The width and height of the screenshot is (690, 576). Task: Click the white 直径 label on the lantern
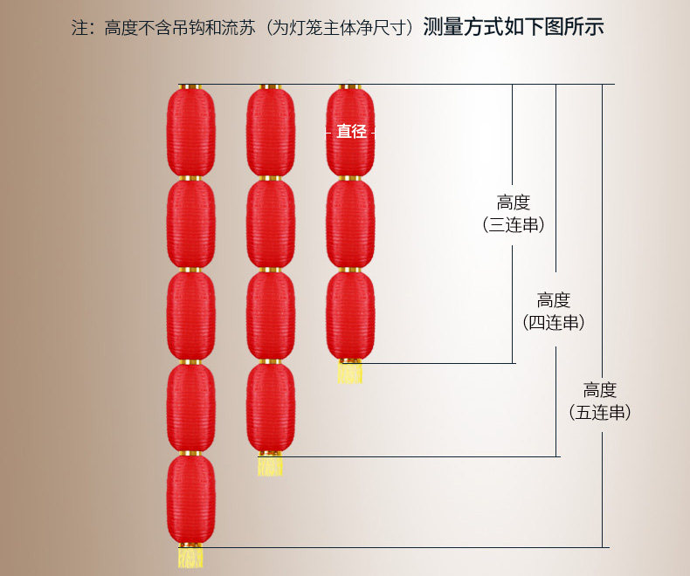point(351,132)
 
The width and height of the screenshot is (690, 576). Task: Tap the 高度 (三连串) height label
point(514,214)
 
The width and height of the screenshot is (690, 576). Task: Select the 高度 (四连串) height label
point(554,312)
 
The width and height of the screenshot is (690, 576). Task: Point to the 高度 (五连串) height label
point(600,401)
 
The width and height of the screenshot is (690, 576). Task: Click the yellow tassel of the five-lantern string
point(190,556)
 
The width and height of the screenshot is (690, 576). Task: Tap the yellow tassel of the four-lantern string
point(270,464)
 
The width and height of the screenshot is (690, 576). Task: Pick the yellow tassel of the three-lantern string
point(350,373)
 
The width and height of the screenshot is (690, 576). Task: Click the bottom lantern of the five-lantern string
point(190,499)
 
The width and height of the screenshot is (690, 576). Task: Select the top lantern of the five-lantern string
point(190,132)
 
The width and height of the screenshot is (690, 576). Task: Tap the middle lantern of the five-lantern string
point(190,315)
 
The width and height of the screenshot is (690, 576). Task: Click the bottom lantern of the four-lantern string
point(270,407)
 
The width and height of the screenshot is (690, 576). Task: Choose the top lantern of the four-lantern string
point(270,132)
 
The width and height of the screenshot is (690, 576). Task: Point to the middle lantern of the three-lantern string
point(350,223)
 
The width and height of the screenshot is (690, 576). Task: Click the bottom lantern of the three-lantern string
point(350,315)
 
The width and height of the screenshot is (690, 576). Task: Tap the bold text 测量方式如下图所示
point(513,27)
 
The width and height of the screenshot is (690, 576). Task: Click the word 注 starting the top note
point(79,28)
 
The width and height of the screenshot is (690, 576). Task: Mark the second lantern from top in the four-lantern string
point(270,223)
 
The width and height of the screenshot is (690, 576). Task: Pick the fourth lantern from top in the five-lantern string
point(190,407)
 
